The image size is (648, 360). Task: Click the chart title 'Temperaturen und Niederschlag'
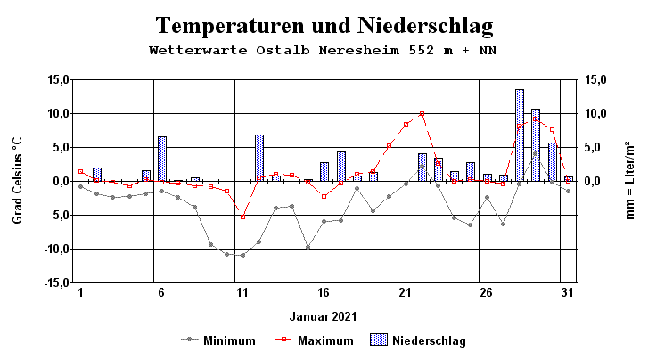[324, 24]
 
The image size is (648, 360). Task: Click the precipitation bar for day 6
[162, 159]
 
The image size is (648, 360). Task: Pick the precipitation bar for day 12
[259, 158]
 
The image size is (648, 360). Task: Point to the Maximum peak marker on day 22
[422, 113]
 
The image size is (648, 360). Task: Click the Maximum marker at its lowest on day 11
[242, 217]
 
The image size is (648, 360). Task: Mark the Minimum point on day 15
[308, 247]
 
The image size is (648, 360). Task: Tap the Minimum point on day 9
[210, 244]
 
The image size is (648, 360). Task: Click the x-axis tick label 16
[324, 292]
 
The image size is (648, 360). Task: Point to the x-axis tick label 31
[568, 292]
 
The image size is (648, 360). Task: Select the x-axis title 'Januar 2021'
[324, 316]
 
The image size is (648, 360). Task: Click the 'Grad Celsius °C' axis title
[17, 181]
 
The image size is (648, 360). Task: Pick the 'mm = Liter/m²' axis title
[629, 181]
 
